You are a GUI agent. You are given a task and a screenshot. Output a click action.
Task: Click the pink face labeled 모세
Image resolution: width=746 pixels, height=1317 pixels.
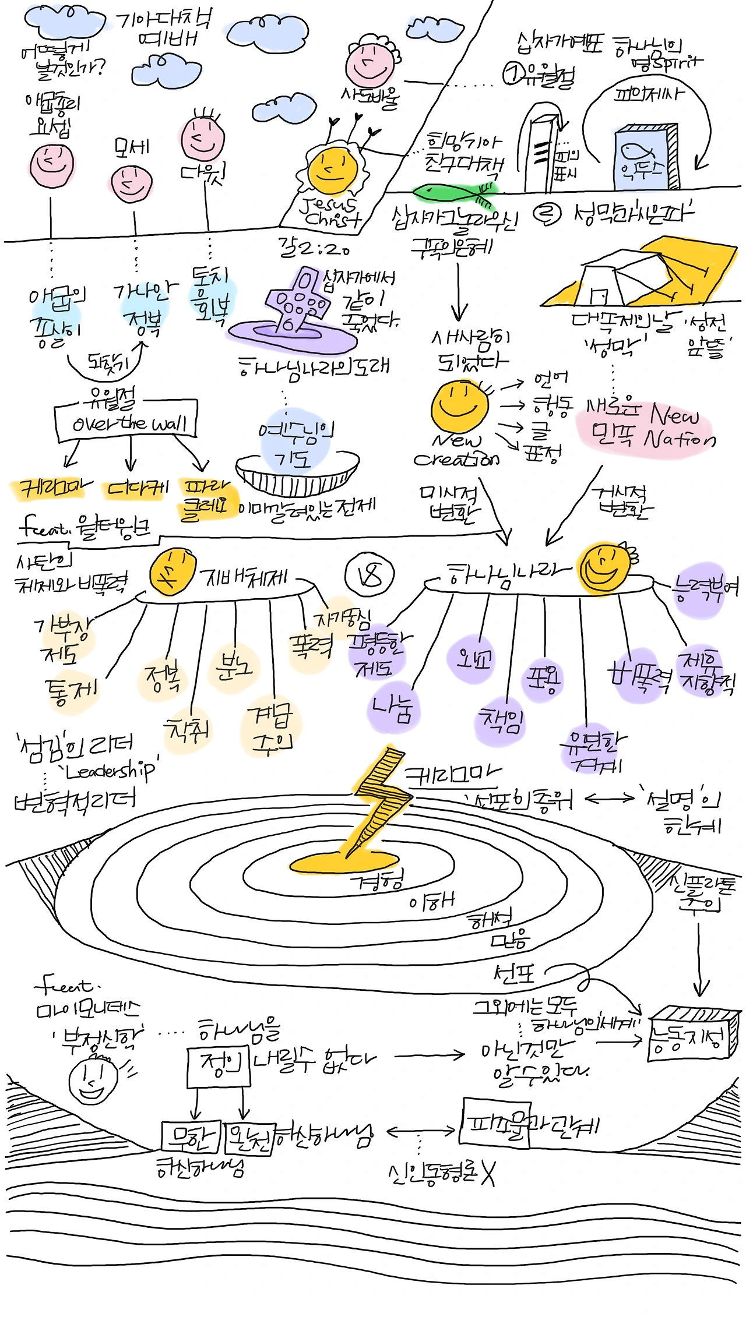132,183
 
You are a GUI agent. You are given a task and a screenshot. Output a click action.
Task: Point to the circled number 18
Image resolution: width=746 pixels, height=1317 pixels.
370,575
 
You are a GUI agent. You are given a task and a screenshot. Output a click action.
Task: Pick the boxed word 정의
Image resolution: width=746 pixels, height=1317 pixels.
219,1065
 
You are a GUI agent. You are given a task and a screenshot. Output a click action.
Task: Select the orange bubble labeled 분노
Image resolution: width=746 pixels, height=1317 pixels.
233,667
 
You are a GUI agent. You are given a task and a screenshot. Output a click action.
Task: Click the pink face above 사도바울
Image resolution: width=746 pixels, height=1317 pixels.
370,64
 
